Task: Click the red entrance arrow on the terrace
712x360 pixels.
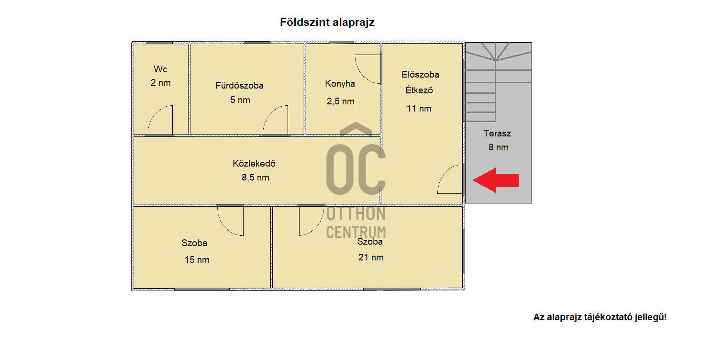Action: [x=496, y=180]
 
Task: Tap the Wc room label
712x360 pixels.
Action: [x=160, y=69]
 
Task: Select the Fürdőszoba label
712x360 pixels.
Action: [x=239, y=85]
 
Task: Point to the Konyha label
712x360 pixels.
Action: [x=340, y=84]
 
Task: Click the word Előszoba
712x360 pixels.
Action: [x=420, y=74]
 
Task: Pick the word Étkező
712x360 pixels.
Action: [x=419, y=90]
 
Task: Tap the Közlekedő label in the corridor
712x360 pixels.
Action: [x=254, y=163]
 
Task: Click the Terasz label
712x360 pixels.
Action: [x=497, y=133]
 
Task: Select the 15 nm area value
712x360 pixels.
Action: [x=197, y=260]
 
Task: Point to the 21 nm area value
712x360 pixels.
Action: [x=371, y=257]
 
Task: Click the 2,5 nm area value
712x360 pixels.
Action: [x=340, y=101]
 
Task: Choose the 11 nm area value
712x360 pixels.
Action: [x=419, y=109]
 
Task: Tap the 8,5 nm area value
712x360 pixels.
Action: [x=255, y=178]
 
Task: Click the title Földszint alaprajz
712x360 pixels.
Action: [x=327, y=22]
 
